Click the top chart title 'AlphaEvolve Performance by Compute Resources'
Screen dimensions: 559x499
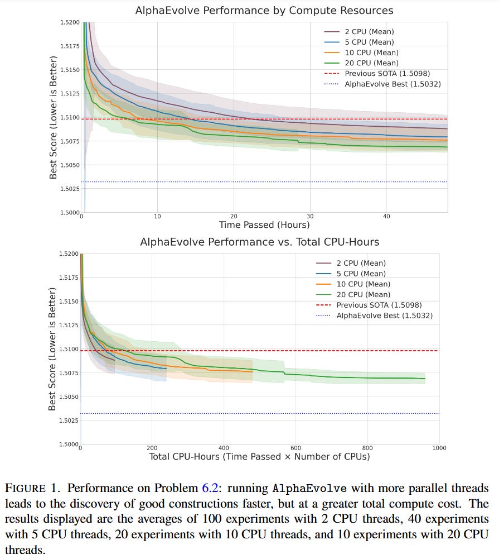[x=264, y=10]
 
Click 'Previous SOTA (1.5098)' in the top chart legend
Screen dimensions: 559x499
[x=387, y=74]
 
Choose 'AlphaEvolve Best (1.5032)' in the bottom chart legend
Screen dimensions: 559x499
[x=384, y=316]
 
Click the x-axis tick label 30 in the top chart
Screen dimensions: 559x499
[x=310, y=217]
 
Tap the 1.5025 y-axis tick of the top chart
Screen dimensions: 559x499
[x=70, y=189]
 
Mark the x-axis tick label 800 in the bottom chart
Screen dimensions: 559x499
[x=367, y=448]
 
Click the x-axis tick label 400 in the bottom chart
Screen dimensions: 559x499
[x=224, y=448]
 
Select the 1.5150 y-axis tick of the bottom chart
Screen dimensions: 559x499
[x=70, y=302]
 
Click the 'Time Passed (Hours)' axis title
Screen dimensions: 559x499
[x=264, y=225]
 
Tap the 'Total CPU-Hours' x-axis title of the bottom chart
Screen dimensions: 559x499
[x=259, y=457]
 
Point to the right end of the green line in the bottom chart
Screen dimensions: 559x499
[x=425, y=379]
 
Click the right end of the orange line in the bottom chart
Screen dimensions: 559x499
[x=253, y=371]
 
